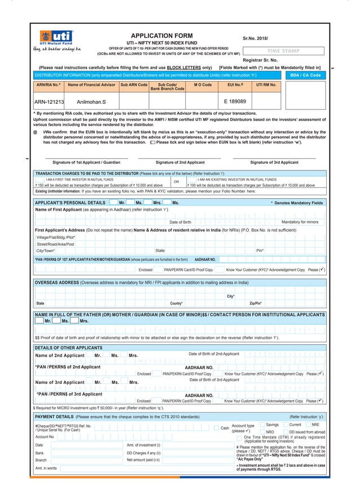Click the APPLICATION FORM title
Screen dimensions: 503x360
pos(161,35)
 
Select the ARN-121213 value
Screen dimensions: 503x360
pos(49,102)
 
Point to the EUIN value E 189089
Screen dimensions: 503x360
pos(235,102)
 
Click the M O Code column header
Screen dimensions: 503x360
pos(203,85)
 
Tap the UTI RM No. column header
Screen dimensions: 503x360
pos(266,85)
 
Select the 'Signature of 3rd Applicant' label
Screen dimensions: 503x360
pos(274,162)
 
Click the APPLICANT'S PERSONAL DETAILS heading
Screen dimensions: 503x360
pos(70,202)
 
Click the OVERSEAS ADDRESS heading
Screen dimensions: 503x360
pos(59,282)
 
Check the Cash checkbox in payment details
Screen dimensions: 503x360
pos(217,428)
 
